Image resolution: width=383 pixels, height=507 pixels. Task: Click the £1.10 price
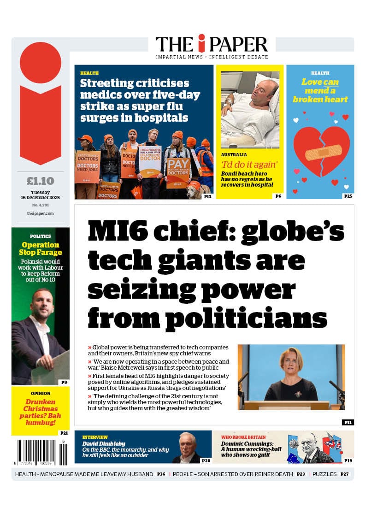point(41,181)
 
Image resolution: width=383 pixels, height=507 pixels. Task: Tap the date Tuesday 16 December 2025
point(41,195)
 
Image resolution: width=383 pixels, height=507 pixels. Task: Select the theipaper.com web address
point(41,213)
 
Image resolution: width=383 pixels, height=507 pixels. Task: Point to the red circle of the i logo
point(41,63)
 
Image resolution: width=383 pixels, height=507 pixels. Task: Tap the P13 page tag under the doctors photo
point(207,196)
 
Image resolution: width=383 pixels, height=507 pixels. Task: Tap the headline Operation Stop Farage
point(41,248)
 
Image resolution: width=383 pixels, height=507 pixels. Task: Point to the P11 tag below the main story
point(348,422)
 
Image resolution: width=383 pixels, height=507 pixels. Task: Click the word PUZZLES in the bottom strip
point(324,474)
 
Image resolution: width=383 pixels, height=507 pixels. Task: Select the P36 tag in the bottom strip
point(161,474)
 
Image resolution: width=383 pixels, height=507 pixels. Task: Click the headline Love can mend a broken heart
point(320,91)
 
